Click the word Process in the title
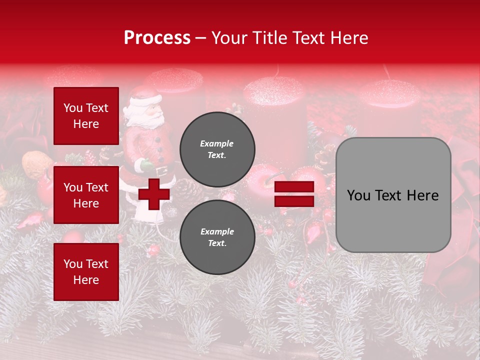pyautogui.click(x=157, y=38)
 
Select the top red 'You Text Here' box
pyautogui.click(x=86, y=116)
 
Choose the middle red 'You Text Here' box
pyautogui.click(x=86, y=195)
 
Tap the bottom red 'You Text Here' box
pyautogui.click(x=86, y=271)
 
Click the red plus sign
pyautogui.click(x=154, y=193)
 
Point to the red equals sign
pyautogui.click(x=294, y=194)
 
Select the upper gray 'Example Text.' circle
pyautogui.click(x=217, y=149)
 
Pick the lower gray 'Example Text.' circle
pyautogui.click(x=217, y=237)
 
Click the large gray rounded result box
pyautogui.click(x=393, y=195)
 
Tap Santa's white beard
pyautogui.click(x=150, y=118)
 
